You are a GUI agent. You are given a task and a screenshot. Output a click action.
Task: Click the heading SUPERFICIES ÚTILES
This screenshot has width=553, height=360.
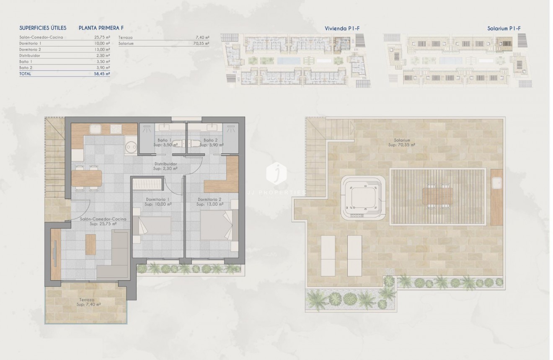[43, 28]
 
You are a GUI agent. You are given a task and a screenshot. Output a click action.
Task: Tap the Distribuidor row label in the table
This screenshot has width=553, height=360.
[30, 55]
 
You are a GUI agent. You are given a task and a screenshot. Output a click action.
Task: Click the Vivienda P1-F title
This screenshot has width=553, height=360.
[342, 28]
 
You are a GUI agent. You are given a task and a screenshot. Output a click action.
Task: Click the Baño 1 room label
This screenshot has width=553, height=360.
[164, 140]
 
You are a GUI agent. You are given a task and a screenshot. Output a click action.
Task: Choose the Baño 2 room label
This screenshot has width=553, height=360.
[211, 140]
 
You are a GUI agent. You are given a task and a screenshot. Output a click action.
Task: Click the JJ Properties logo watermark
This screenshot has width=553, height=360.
[276, 173]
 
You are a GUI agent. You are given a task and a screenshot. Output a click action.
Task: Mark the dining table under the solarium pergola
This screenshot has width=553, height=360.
[437, 197]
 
